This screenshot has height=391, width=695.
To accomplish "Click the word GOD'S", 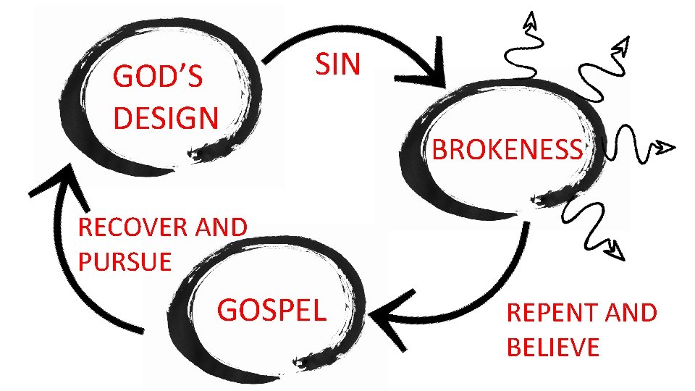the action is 158,77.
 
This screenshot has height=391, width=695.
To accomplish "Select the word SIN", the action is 337,65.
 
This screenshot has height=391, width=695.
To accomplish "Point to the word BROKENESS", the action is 507,150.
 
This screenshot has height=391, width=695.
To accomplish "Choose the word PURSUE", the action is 125,261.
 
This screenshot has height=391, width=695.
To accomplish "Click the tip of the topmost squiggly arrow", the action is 531,17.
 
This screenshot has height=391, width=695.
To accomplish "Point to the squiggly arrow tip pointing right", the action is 666,149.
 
